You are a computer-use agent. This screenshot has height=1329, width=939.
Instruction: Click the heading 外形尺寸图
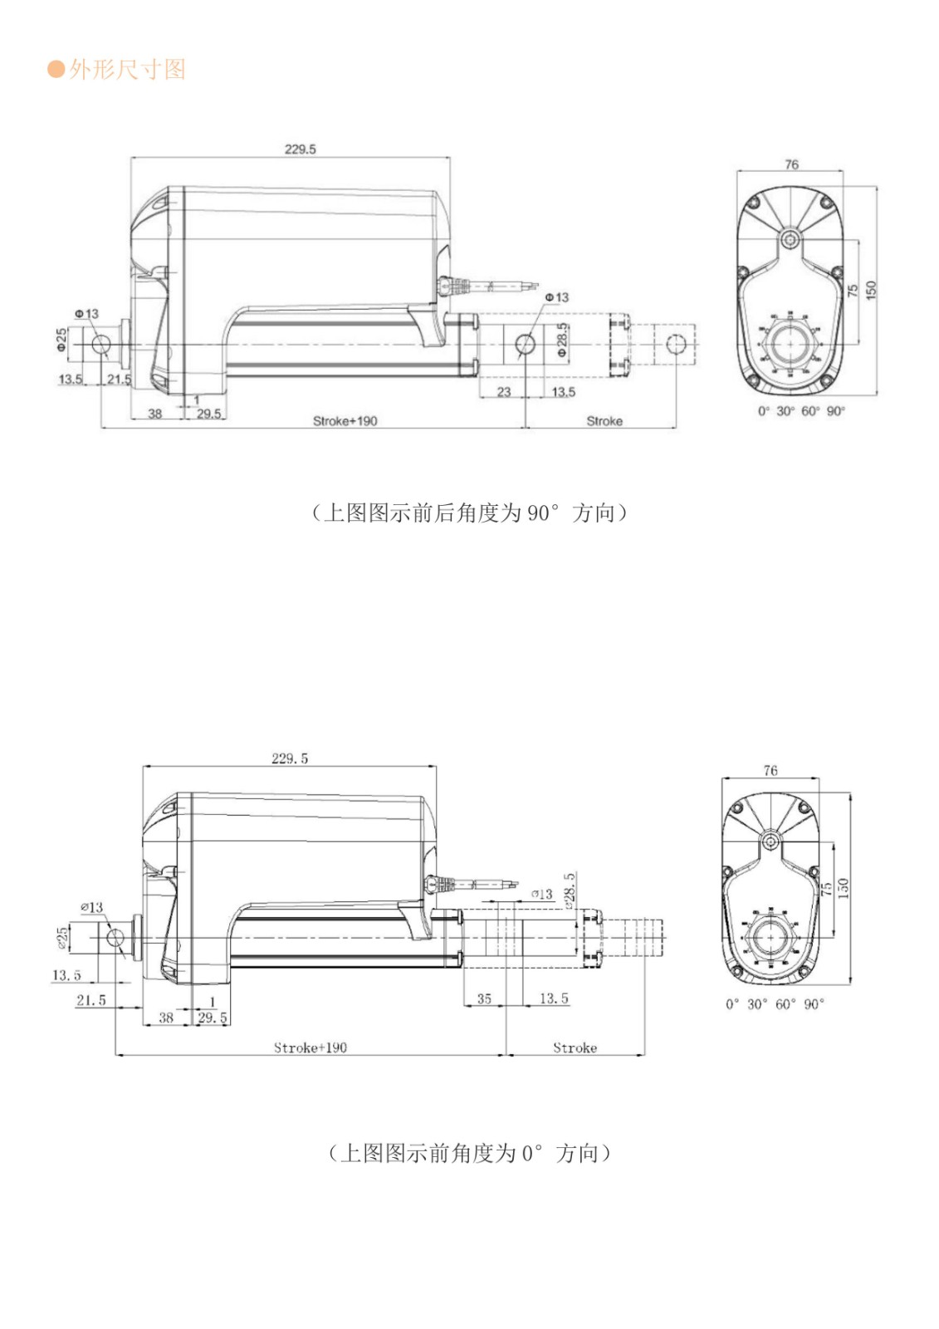[127, 69]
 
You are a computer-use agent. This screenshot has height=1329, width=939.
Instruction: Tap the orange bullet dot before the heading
[56, 69]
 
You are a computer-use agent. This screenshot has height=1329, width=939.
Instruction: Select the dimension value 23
[503, 392]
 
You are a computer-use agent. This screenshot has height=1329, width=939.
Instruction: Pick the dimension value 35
[484, 998]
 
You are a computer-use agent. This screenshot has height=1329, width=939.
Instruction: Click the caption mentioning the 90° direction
[469, 512]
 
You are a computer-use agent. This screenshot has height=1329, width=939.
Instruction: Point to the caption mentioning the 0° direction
[469, 1153]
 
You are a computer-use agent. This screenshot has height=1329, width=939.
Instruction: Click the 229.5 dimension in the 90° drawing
[300, 150]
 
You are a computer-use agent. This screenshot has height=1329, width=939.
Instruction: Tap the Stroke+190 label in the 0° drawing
[311, 1047]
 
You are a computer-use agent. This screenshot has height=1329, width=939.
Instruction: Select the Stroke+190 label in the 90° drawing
[345, 421]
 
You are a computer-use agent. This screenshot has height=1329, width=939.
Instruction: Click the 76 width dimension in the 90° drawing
[791, 164]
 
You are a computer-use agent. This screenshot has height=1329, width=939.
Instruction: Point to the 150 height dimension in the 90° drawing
[870, 290]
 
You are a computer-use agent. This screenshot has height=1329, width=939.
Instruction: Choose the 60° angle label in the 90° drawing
[810, 411]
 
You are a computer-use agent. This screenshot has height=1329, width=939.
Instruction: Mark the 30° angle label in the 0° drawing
[757, 1004]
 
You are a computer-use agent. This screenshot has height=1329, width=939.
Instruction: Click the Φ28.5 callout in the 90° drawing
[562, 341]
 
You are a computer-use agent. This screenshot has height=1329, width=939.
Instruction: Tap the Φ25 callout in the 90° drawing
[61, 340]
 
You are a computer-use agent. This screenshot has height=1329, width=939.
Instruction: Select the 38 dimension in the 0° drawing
[166, 1018]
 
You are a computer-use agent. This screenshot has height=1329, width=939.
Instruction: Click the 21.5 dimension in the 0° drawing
[91, 1000]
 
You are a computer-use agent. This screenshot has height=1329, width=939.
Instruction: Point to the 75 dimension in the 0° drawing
[826, 888]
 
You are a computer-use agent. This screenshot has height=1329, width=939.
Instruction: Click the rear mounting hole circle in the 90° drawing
[100, 345]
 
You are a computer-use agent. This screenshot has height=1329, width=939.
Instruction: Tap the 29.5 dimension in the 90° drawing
[209, 413]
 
